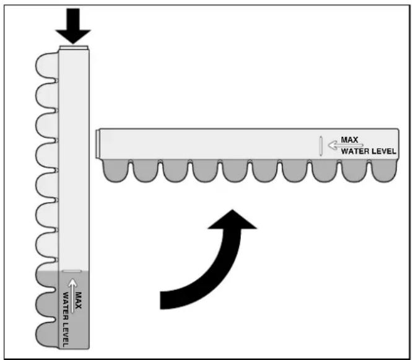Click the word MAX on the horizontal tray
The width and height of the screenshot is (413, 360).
350,139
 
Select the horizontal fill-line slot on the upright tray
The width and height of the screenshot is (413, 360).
72,271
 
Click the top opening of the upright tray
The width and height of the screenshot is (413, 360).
75,47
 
